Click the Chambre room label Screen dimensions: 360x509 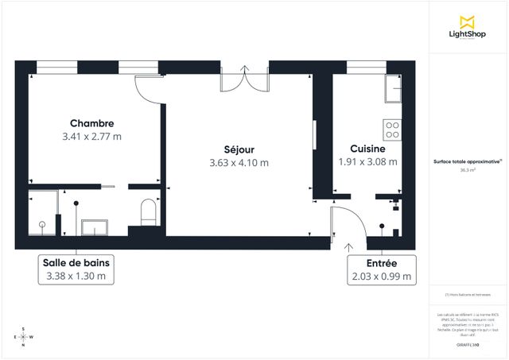(91, 123)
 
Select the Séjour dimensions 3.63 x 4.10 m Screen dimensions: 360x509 (239, 163)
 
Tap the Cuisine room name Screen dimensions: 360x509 (368, 149)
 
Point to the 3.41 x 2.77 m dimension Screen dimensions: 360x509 (91, 137)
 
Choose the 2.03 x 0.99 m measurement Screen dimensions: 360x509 (381, 277)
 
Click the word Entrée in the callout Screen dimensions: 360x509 (381, 263)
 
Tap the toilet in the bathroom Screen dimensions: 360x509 (147, 212)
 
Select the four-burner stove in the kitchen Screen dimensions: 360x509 (393, 130)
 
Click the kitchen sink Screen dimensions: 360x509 (393, 90)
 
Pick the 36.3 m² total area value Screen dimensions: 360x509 (467, 169)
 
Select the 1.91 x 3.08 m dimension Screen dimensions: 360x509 (368, 162)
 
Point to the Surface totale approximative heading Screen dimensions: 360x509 (467, 161)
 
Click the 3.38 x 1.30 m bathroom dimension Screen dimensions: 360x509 (76, 277)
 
